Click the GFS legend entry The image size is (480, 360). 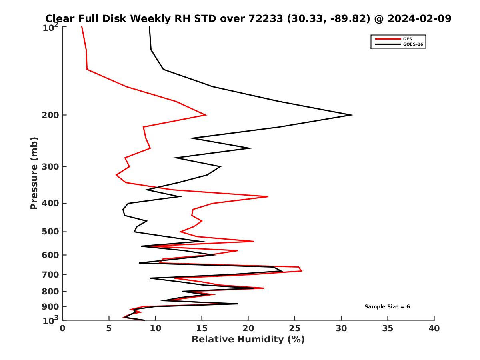click(408, 39)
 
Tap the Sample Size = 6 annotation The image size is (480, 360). click(387, 307)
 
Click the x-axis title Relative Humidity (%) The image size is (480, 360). click(248, 340)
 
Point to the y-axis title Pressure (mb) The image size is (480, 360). click(34, 173)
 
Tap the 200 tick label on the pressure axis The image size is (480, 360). click(48, 115)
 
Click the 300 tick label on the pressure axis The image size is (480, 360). click(48, 167)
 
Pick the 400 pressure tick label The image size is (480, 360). click(48, 203)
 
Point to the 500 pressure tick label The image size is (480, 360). click(48, 232)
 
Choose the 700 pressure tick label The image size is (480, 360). click(48, 274)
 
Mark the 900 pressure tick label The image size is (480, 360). click(48, 307)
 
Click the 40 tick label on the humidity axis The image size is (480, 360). click(434, 329)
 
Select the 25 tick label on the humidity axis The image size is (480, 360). click(295, 329)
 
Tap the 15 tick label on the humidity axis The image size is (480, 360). click(202, 329)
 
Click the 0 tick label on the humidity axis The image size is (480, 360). click(63, 329)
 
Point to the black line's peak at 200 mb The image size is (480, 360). click(352, 115)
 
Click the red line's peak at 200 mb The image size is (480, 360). click(206, 115)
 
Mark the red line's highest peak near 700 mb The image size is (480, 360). click(302, 271)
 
